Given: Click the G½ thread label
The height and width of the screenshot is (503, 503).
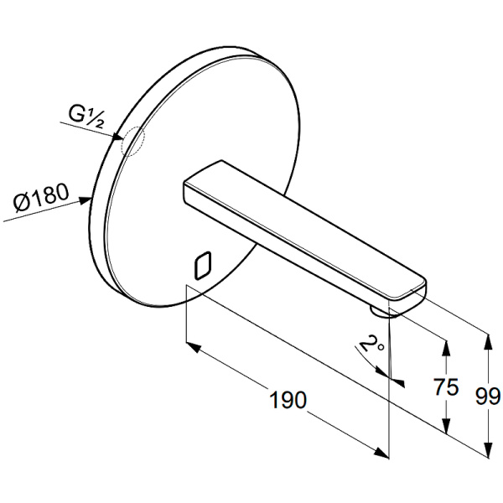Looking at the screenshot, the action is (x=86, y=117).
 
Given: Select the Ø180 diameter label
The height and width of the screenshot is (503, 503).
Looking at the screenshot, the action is (x=41, y=197).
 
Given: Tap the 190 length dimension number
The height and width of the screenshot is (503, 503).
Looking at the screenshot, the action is (x=288, y=400).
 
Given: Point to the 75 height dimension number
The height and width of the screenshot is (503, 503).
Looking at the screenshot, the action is (x=446, y=386).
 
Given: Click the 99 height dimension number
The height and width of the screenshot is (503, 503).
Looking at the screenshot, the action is (x=488, y=397).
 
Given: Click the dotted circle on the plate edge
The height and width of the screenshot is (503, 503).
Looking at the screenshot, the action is (x=132, y=142).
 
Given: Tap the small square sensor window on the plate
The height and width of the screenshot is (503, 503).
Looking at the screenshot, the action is (x=203, y=265).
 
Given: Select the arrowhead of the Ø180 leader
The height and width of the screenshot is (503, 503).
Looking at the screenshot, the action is (x=86, y=200).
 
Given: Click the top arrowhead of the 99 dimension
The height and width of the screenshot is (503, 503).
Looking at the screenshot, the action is (x=488, y=342).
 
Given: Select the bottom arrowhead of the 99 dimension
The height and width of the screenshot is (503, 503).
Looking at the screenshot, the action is (x=488, y=449).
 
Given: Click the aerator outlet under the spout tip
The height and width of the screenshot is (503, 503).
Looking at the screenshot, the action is (x=381, y=312).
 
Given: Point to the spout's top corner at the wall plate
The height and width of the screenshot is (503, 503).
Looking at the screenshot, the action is (x=221, y=160).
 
